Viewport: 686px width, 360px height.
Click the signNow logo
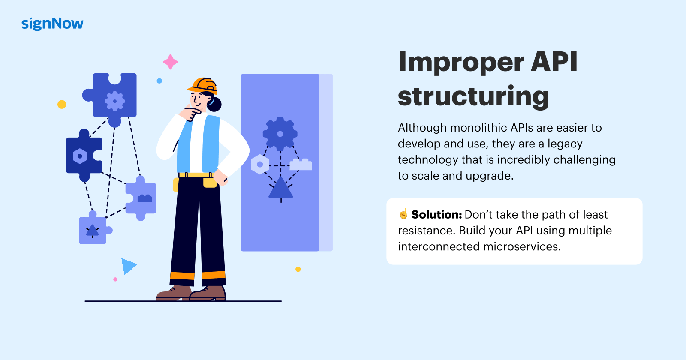(x=52, y=24)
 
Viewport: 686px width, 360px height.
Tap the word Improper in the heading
(x=461, y=62)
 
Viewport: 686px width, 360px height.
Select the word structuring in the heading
(x=473, y=96)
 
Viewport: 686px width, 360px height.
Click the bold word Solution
(x=436, y=214)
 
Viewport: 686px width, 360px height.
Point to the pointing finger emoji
(x=403, y=213)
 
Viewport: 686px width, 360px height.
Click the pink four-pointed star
(x=170, y=62)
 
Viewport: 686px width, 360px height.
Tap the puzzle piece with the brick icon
(x=142, y=198)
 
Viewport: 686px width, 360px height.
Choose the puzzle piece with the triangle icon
(x=93, y=230)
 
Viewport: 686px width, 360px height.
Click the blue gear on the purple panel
(x=280, y=134)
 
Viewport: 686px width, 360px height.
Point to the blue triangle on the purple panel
(x=280, y=189)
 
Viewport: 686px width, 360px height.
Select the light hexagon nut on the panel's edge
(x=260, y=165)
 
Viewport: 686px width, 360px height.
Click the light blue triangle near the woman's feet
(x=128, y=266)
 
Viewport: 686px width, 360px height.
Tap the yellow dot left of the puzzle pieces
(x=62, y=104)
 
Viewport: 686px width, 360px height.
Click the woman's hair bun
(x=214, y=104)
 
